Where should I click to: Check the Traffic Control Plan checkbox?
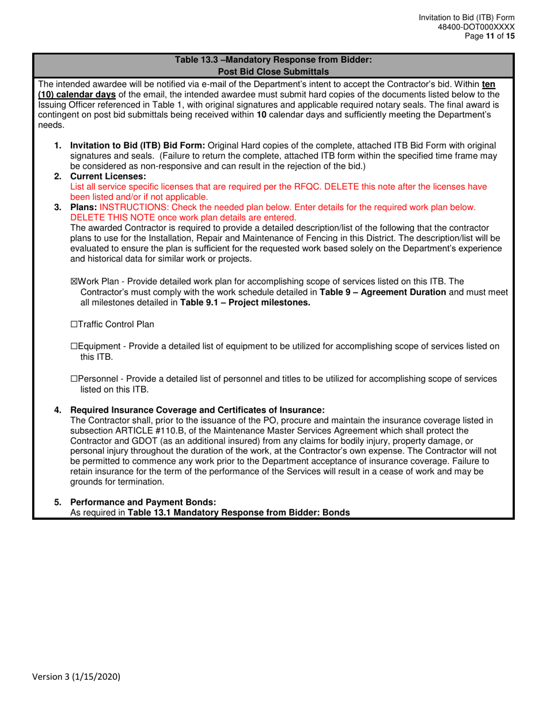(x=73, y=325)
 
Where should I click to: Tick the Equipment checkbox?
(x=73, y=346)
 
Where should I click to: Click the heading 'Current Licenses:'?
(x=108, y=176)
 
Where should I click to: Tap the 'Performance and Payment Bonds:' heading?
(x=143, y=502)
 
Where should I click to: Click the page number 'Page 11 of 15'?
(x=491, y=36)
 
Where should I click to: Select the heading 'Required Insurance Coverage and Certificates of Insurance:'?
(x=197, y=410)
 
